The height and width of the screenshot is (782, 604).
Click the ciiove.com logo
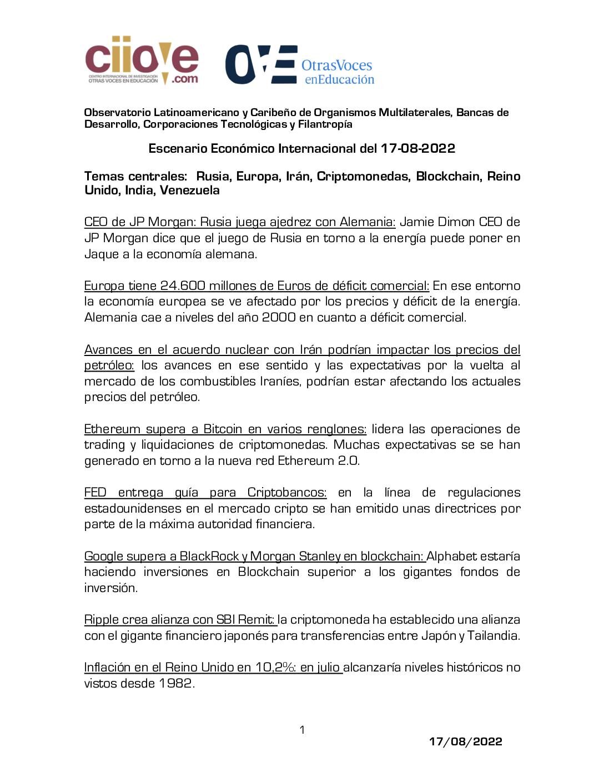coord(142,61)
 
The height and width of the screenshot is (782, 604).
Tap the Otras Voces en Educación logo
coord(300,65)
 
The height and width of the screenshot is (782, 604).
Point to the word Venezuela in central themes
coord(190,191)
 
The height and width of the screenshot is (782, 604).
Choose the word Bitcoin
coord(223,429)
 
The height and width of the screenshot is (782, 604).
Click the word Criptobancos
coord(286,493)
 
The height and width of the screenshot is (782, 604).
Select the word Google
coord(103,557)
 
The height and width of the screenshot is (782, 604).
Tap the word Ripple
coord(100,620)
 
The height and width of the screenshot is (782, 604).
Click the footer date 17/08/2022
coord(465,741)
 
